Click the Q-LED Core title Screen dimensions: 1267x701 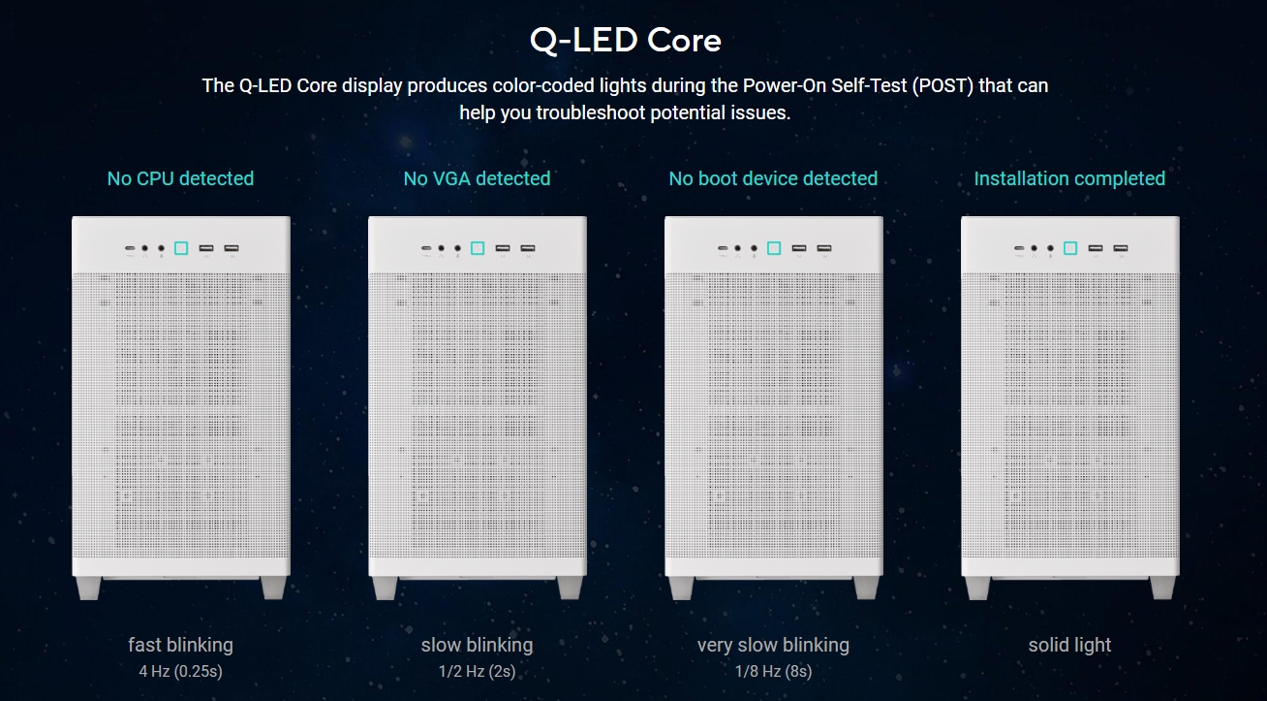[625, 40]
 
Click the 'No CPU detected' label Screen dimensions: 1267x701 [180, 179]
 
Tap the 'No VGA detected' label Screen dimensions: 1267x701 [477, 179]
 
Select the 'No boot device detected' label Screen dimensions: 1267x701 [773, 179]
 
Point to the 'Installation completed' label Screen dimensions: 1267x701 [1069, 179]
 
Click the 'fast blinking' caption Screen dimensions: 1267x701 [180, 645]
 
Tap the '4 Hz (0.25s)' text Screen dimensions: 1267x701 [180, 672]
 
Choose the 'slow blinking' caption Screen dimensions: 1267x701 [477, 645]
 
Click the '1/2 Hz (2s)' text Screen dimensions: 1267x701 [477, 672]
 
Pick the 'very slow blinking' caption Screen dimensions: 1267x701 [773, 645]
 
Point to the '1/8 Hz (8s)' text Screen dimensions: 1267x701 [773, 672]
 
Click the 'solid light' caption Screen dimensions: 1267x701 [1069, 645]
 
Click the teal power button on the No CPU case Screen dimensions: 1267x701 [181, 248]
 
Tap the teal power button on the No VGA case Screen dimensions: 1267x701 [478, 248]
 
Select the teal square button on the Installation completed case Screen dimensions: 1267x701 [1070, 248]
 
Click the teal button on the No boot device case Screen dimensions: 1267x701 [774, 248]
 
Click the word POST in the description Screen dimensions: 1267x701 [943, 85]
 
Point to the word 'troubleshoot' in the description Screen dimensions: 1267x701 [590, 112]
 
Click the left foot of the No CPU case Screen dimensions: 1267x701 [88, 589]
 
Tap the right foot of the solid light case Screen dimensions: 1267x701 [1162, 589]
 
